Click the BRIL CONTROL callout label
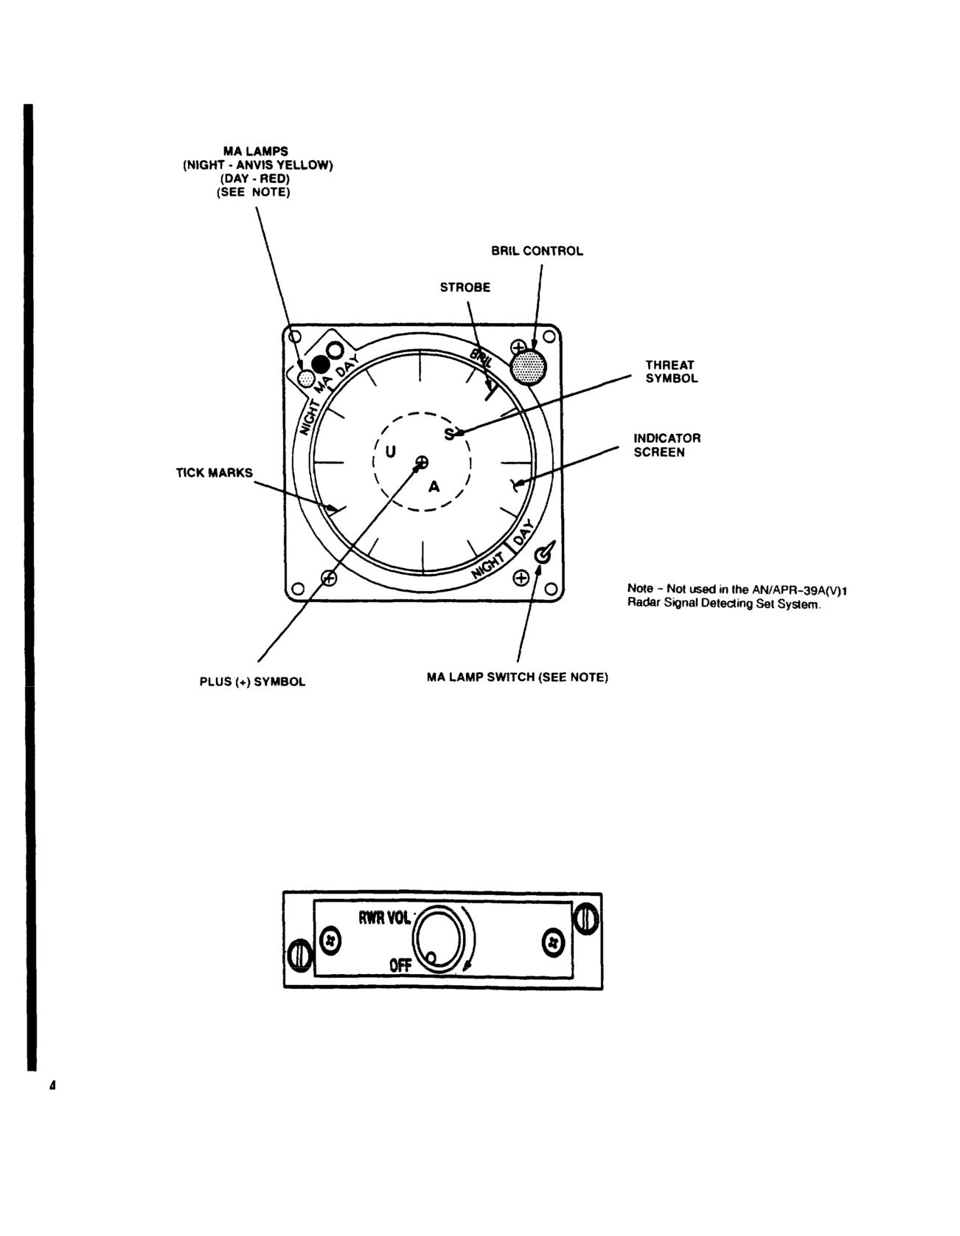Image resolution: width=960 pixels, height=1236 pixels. (537, 251)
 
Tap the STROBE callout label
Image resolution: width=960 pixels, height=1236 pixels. (465, 287)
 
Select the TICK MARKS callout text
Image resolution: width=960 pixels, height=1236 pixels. (214, 472)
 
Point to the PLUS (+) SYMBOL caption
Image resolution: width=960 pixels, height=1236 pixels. (252, 682)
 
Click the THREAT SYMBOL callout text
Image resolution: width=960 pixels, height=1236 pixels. (671, 371)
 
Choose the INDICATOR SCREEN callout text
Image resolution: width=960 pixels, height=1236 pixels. (667, 445)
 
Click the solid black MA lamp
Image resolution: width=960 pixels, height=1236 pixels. (320, 364)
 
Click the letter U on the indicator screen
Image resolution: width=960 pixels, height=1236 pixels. (391, 452)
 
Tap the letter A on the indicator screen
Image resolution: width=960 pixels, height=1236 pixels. (434, 487)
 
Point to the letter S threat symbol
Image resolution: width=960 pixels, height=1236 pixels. (449, 434)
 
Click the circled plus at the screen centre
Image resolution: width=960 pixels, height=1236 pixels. (422, 463)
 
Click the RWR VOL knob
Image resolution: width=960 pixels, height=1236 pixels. (439, 937)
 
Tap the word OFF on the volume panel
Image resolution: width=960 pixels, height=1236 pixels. (400, 964)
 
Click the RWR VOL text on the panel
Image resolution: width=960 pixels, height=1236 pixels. (384, 919)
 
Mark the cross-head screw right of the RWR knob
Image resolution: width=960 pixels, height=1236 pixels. (554, 942)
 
